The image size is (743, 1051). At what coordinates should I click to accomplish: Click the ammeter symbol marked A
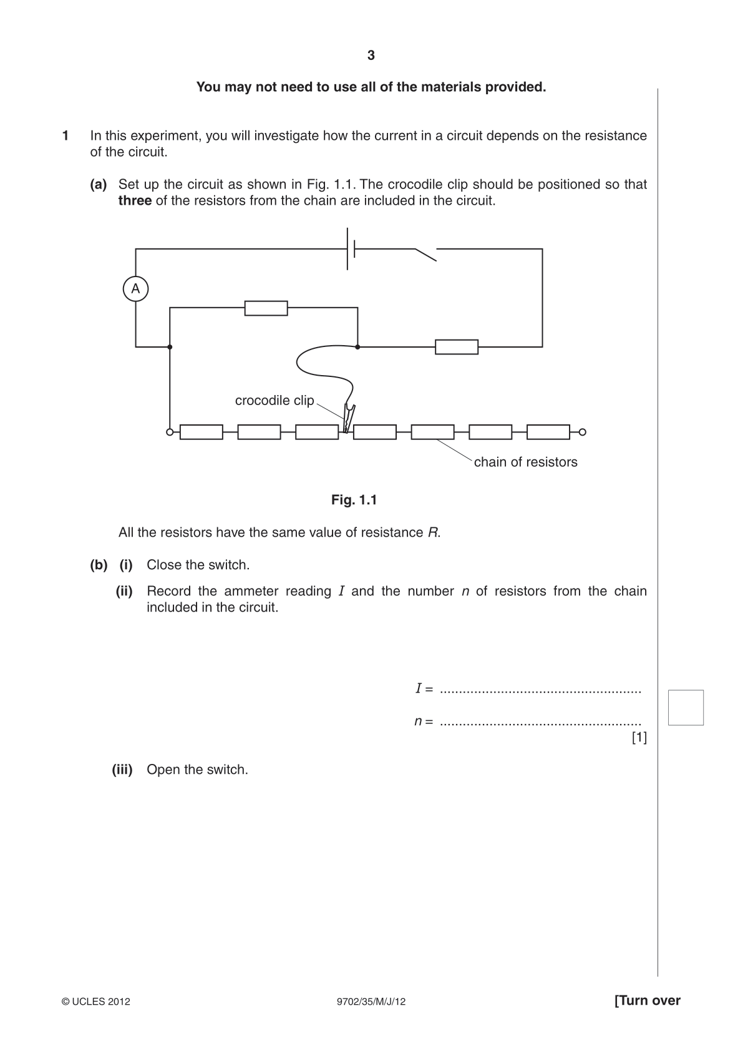coord(135,288)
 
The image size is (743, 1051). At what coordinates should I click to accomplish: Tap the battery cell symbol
coord(351,248)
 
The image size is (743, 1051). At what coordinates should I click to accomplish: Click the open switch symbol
coord(426,254)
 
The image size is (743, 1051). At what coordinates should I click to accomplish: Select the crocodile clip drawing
coord(349,417)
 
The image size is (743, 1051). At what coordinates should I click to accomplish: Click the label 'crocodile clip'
coord(274,400)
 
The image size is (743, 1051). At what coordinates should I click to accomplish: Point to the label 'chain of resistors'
coord(525,462)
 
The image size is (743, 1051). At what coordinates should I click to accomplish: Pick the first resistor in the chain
coord(202,432)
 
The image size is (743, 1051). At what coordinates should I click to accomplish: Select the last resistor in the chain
coord(548,432)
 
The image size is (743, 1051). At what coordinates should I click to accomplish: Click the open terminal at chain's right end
coord(583,432)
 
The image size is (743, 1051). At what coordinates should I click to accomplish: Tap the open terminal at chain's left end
coord(170,432)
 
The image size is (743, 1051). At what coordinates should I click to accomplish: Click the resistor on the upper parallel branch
coord(266,308)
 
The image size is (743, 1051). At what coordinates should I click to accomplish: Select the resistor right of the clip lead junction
coord(457,347)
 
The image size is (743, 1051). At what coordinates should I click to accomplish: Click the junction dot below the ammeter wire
coord(170,347)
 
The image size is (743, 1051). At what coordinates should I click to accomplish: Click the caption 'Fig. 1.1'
coord(354,500)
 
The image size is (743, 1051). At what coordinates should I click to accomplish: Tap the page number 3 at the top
coord(371,56)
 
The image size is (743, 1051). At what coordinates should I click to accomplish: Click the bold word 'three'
coord(135,201)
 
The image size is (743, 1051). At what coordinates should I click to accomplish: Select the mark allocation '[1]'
coord(639,738)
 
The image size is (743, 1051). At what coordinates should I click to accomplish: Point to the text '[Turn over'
coord(648,1000)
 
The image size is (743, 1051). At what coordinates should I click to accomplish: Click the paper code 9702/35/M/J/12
coord(371,1002)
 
